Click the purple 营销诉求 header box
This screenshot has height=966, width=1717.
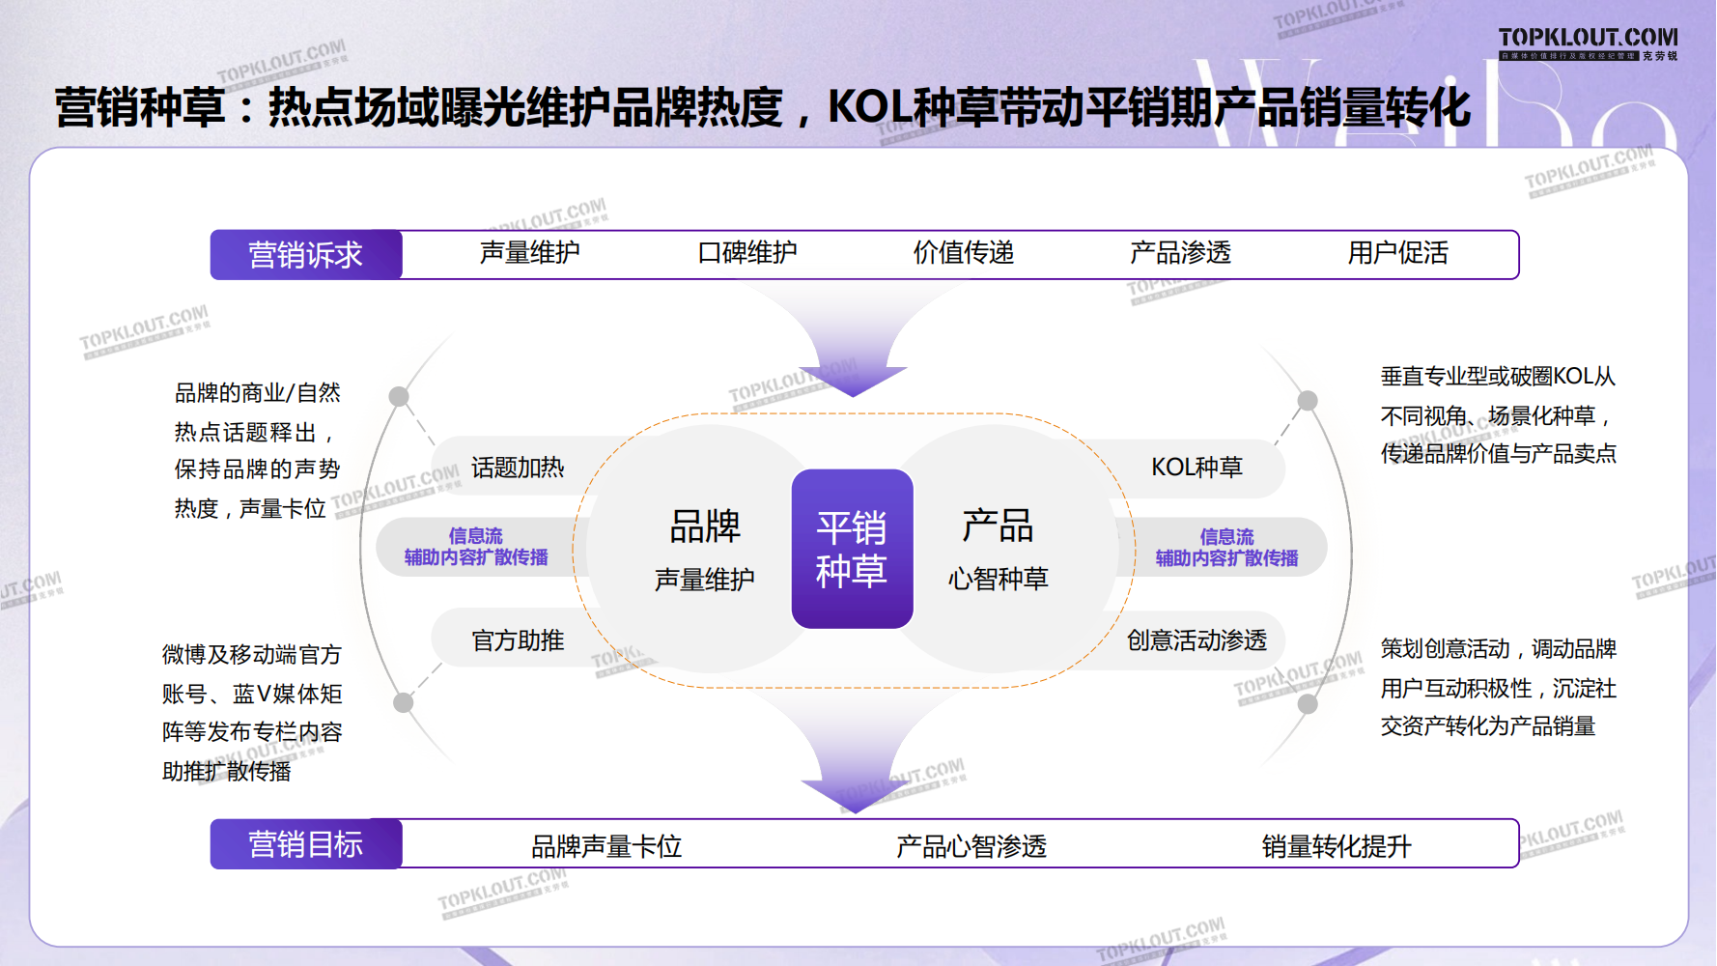point(306,255)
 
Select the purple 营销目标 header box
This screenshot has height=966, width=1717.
point(306,844)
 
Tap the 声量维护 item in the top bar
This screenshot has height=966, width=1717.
point(529,253)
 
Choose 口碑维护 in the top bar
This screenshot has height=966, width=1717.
point(747,253)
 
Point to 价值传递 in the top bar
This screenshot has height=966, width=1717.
point(964,253)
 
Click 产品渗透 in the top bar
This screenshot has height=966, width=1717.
point(1180,253)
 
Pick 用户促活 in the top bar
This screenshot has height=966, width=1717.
point(1397,253)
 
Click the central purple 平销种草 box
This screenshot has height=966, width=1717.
point(852,549)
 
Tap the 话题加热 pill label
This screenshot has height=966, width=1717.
point(518,468)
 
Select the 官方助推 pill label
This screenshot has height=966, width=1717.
point(518,640)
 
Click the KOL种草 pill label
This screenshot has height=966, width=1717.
point(1196,468)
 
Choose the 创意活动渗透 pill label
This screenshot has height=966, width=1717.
point(1196,640)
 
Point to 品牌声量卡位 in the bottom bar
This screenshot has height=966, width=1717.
point(606,846)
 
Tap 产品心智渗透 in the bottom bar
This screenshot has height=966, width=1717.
point(971,846)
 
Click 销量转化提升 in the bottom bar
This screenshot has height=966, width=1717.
point(1337,846)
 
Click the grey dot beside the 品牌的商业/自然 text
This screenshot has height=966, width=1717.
point(399,396)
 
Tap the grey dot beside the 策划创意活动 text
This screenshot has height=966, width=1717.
point(1308,703)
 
